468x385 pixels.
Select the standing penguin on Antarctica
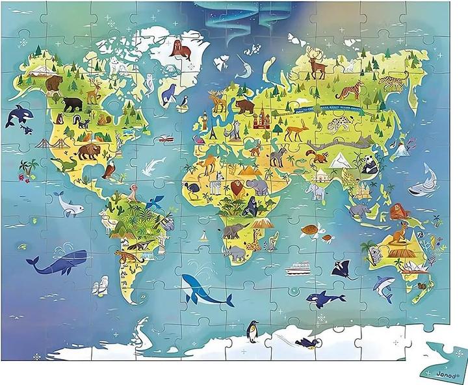point(252,332)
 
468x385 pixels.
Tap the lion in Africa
point(238,189)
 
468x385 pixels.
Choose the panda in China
point(370,166)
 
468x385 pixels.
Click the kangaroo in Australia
point(404,229)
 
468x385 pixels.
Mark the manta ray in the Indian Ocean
point(342,269)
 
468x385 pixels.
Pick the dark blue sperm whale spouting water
point(57,262)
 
